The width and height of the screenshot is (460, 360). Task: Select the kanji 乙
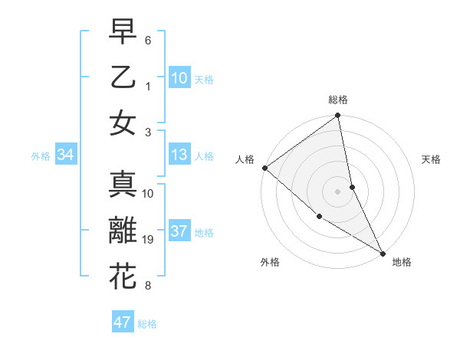123,77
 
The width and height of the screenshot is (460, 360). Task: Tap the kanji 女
123,123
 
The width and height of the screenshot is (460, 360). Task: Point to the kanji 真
123,185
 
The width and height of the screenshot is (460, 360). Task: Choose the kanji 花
123,277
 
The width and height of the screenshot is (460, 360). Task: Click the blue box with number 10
179,77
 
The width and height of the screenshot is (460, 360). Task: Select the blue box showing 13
179,155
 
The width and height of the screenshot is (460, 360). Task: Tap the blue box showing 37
179,231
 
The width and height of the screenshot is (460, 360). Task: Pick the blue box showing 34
66,155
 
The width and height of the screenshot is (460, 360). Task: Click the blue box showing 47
123,322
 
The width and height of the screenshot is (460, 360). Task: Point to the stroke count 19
149,240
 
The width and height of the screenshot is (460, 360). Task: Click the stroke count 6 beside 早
148,40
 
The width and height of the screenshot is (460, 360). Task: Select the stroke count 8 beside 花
148,286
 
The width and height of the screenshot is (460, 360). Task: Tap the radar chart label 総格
338,100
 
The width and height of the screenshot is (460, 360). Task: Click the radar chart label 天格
432,159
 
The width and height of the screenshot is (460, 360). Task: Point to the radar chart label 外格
270,262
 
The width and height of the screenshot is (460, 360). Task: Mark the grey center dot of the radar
338,191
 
